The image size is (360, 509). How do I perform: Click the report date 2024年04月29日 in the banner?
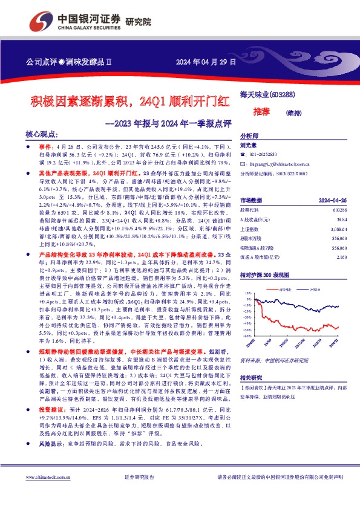click(x=205, y=62)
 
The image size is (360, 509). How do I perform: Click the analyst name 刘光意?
click(x=248, y=145)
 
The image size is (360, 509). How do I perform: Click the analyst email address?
click(x=280, y=164)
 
